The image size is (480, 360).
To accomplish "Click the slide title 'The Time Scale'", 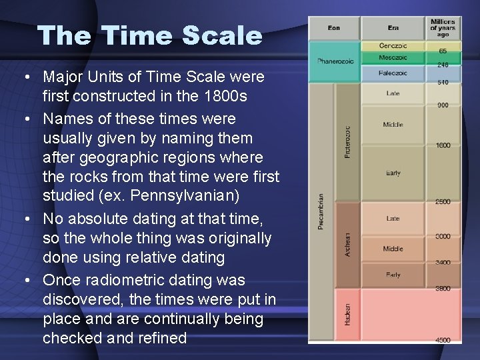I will pyautogui.click(x=150, y=35).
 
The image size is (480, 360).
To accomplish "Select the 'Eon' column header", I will pyautogui.click(x=334, y=28).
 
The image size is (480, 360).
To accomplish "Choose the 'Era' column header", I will pyautogui.click(x=393, y=28).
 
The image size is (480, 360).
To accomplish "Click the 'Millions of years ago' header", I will pyautogui.click(x=443, y=28).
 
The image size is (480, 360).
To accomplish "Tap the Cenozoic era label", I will pyautogui.click(x=393, y=46).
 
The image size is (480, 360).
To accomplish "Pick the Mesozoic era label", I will pyautogui.click(x=393, y=58).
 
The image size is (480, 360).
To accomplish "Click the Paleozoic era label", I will pyautogui.click(x=393, y=73).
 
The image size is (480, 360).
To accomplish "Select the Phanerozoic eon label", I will pyautogui.click(x=335, y=61).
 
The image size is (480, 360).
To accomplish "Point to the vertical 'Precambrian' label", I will pyautogui.click(x=321, y=212).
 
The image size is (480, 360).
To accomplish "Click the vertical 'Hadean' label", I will pyautogui.click(x=347, y=314).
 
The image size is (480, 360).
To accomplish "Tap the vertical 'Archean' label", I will pyautogui.click(x=347, y=245).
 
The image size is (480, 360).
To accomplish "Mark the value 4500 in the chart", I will pyautogui.click(x=443, y=340).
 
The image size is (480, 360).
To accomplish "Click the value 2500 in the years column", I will pyautogui.click(x=443, y=201).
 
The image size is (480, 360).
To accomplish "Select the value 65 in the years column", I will pyautogui.click(x=443, y=51).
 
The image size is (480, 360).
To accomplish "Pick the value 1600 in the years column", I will pyautogui.click(x=443, y=145).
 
